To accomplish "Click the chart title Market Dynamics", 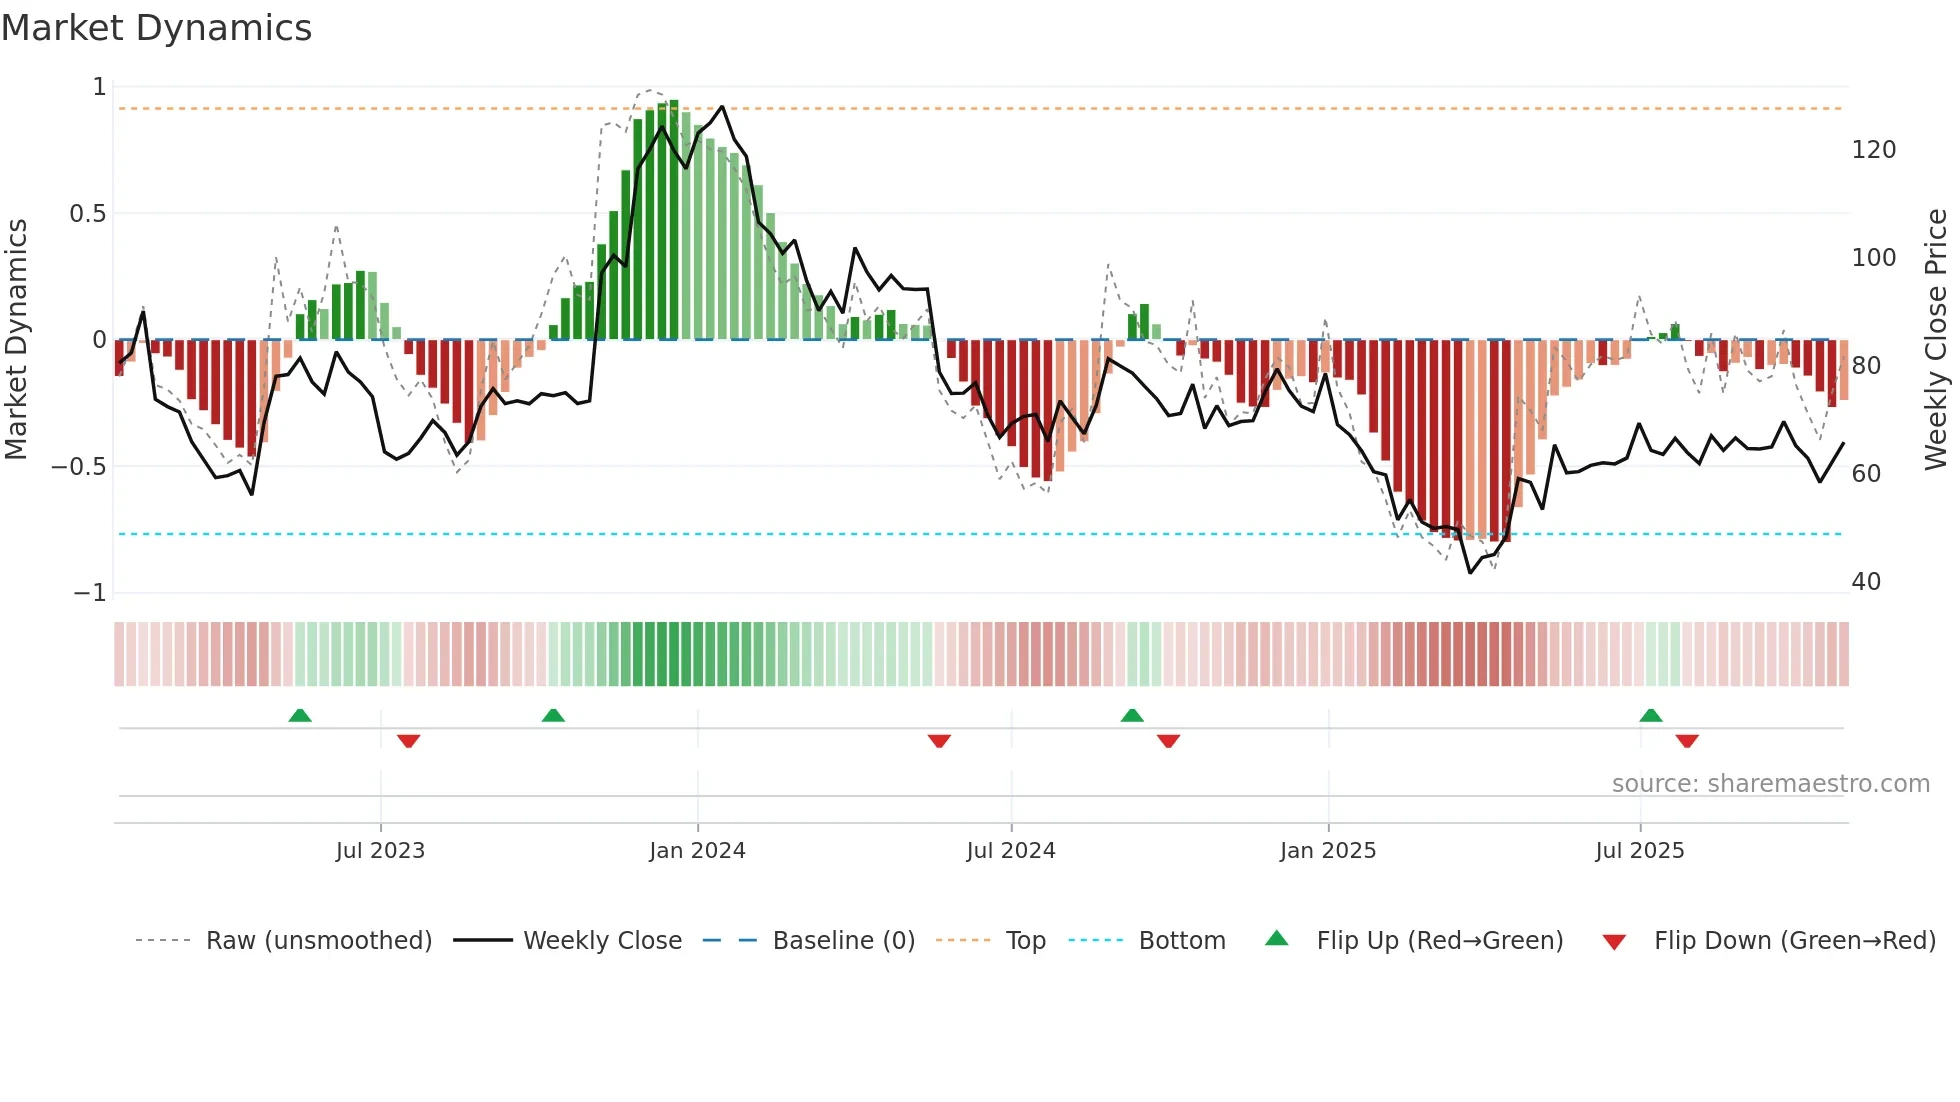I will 156,28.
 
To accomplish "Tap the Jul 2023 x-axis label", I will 380,851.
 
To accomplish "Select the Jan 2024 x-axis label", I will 697,851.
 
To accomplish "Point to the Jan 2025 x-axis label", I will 1327,851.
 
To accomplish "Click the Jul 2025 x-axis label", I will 1639,851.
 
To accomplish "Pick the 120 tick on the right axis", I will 1873,150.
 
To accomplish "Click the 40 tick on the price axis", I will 1866,582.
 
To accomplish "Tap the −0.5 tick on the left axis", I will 79,467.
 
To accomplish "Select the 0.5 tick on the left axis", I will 87,214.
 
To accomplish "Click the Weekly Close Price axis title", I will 1936,340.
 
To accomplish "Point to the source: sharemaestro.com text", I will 1770,784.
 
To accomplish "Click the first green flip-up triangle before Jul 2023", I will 300,715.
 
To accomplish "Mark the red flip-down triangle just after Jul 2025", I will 1687,741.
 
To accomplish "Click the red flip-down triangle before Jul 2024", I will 939,741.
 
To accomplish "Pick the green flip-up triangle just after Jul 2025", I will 1651,715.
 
